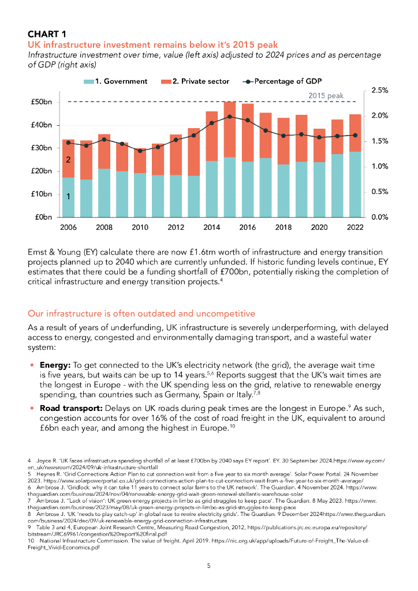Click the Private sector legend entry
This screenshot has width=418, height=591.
[x=195, y=81]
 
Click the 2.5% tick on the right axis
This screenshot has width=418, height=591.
[x=379, y=91]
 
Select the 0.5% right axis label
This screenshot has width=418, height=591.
[x=379, y=192]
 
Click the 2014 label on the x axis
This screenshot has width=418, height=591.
[x=212, y=227]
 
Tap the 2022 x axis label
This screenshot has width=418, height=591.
[x=355, y=227]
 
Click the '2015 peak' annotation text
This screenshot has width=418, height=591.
[x=326, y=96]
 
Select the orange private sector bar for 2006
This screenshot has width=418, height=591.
[x=69, y=158]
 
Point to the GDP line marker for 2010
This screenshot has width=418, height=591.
[x=140, y=151]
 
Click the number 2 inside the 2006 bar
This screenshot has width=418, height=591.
[x=68, y=159]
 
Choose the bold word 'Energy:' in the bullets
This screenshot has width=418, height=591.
[x=55, y=366]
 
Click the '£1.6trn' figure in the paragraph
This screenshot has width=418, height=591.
[x=218, y=252]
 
